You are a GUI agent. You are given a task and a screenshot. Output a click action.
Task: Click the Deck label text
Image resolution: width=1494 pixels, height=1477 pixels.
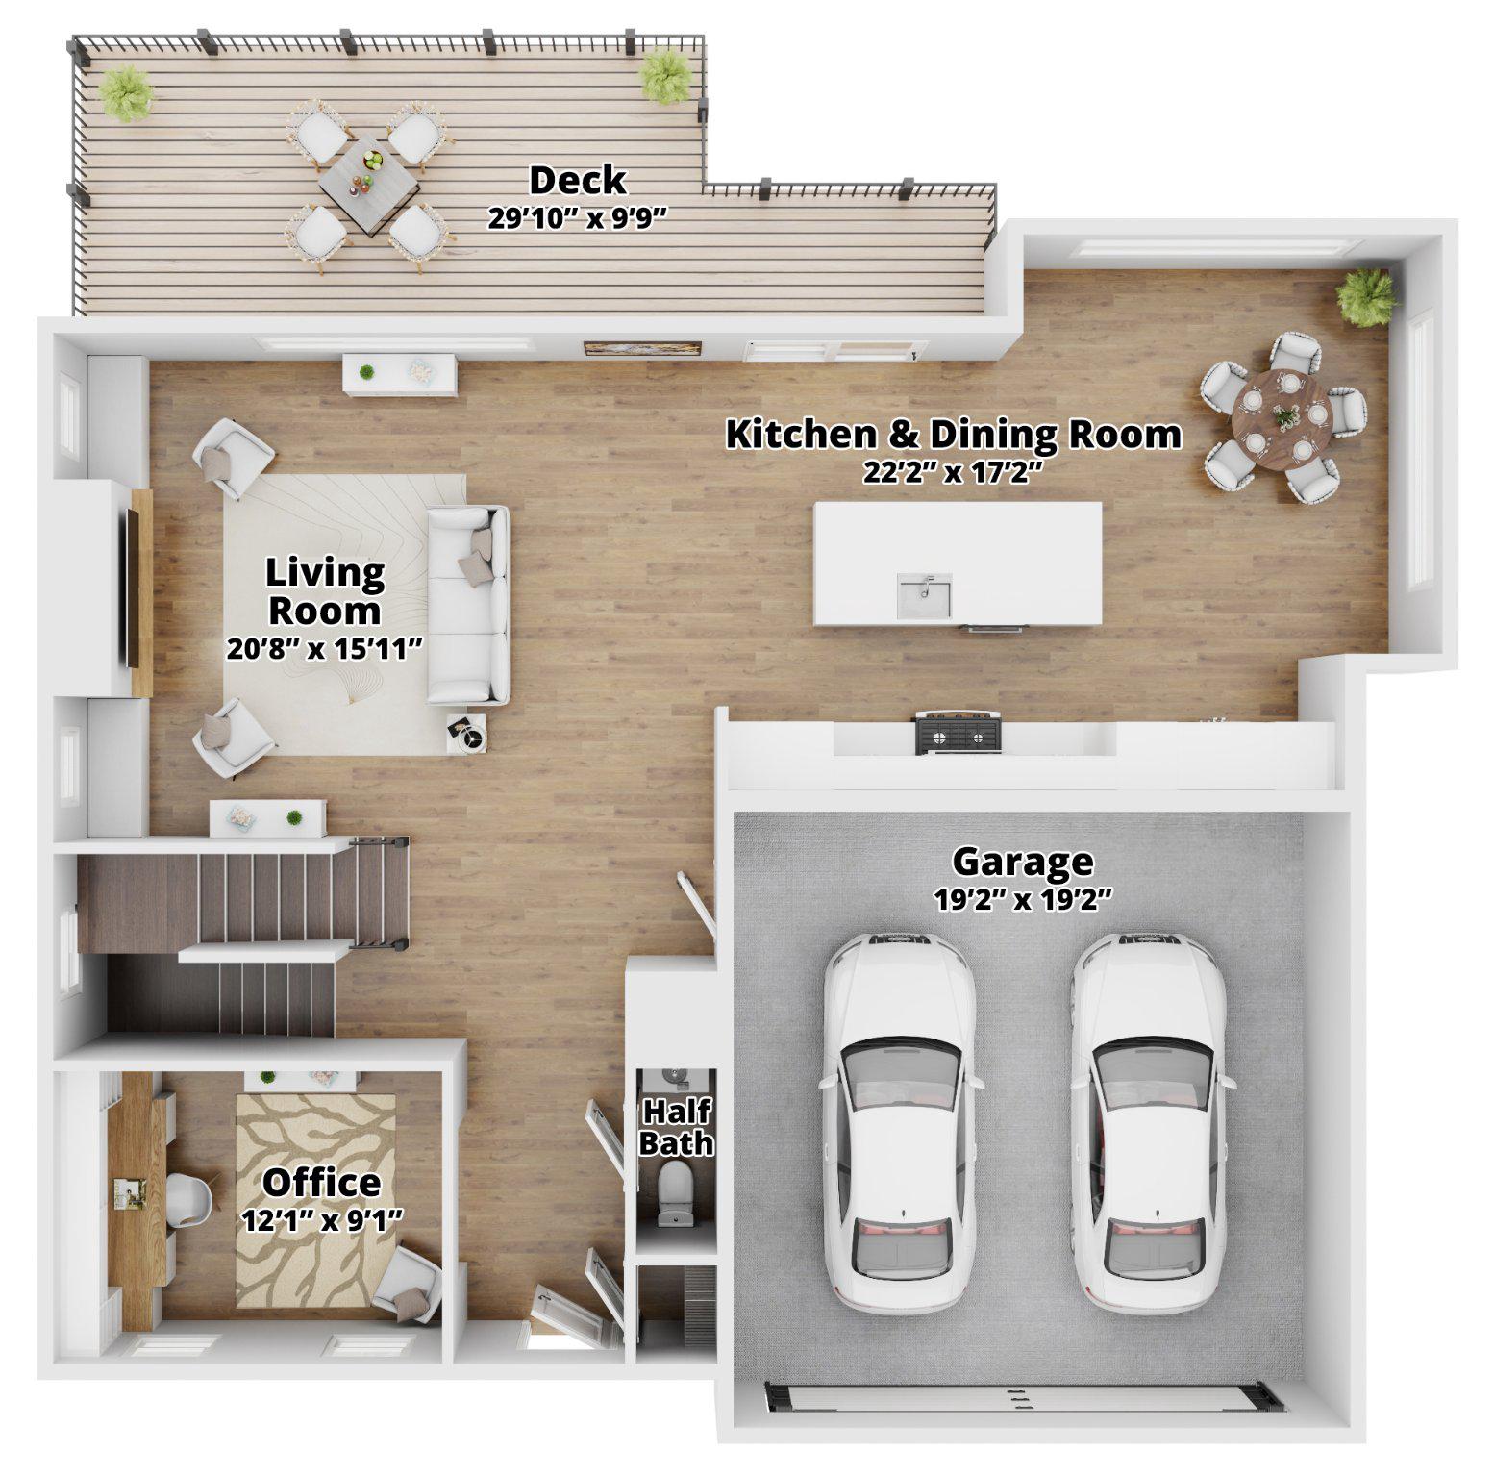click(577, 180)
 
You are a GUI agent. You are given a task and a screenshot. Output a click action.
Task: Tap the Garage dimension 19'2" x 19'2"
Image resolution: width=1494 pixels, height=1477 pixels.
click(1023, 899)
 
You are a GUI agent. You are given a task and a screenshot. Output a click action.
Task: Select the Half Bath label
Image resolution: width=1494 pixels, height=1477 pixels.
click(676, 1127)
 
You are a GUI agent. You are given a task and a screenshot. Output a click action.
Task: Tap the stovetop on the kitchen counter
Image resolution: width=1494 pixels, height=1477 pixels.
click(958, 735)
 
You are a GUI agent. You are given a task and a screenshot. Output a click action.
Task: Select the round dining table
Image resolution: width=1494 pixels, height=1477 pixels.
click(1282, 415)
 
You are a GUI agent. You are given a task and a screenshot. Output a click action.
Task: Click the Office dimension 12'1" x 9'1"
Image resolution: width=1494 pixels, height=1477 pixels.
click(321, 1219)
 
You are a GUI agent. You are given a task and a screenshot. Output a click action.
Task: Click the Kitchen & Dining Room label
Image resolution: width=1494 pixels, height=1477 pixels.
click(953, 434)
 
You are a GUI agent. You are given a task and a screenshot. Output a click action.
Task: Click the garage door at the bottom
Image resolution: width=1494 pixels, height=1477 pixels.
click(1025, 1396)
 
